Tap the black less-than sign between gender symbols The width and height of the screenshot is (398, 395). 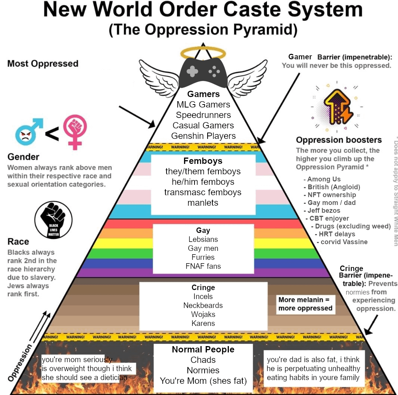52,134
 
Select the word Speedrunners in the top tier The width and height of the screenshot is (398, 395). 203,115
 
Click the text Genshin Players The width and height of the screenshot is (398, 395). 203,136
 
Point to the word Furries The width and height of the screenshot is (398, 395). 203,257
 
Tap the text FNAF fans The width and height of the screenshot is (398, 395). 203,266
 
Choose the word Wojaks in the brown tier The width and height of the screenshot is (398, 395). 203,314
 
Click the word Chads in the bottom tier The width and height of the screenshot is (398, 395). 203,360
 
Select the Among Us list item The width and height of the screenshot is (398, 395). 324,179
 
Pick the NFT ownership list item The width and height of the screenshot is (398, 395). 332,195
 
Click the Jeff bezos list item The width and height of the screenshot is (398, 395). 324,211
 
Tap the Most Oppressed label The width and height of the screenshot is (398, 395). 43,64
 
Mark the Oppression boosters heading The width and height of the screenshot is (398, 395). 339,140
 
